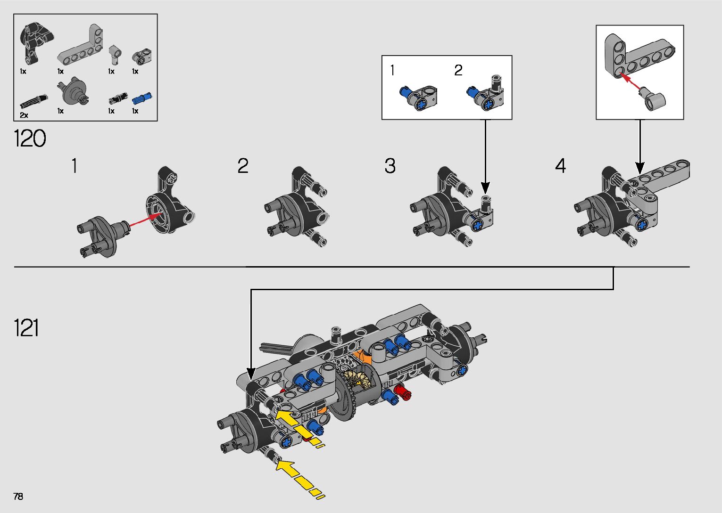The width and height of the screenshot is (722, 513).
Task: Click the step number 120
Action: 30,138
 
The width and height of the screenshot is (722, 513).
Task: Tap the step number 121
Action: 26,327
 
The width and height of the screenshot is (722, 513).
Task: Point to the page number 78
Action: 18,496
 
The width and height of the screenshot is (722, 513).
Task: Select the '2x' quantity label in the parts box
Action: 24,115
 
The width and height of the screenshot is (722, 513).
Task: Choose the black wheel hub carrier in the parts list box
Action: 34,41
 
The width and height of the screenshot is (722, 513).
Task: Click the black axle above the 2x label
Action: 33,101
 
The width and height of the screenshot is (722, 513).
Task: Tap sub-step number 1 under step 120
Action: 74,166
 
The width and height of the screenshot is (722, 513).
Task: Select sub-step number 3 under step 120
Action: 390,166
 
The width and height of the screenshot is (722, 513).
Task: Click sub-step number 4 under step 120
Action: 560,166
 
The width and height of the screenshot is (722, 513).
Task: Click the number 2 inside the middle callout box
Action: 458,71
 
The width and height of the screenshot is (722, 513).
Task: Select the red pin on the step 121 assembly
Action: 402,391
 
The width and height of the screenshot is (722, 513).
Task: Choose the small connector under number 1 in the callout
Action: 419,97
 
